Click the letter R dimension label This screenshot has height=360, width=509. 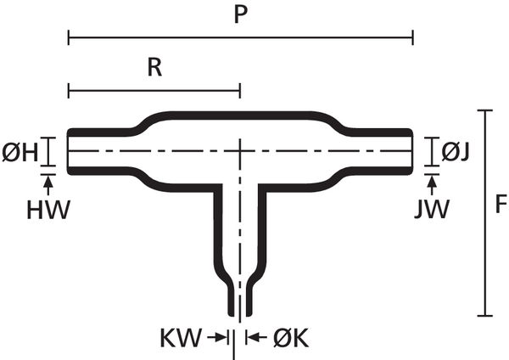[x=154, y=68]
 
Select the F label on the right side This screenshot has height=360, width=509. [x=500, y=205]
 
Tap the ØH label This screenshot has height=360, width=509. [x=25, y=154]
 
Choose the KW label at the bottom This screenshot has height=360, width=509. [x=181, y=339]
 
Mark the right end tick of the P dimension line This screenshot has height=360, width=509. [x=412, y=37]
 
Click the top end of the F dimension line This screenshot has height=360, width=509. [x=484, y=111]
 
